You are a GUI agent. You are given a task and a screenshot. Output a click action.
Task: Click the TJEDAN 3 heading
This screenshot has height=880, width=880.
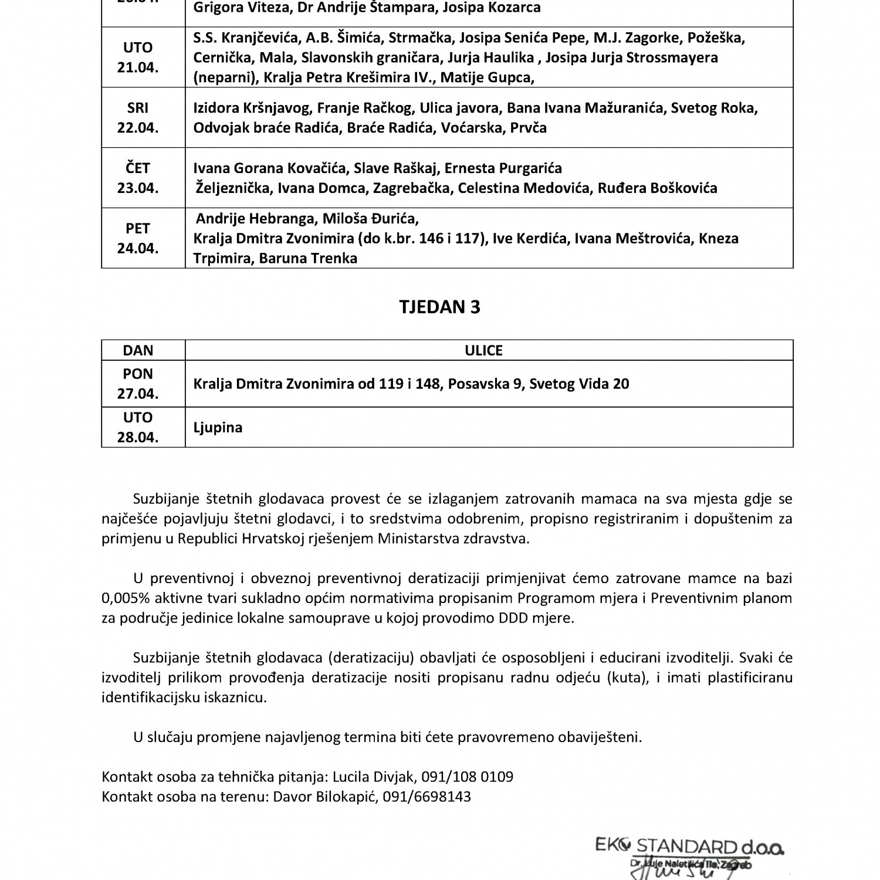(x=439, y=307)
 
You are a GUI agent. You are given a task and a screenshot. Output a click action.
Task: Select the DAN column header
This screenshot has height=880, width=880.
(x=138, y=350)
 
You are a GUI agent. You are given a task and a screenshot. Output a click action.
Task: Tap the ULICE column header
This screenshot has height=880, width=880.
(x=483, y=350)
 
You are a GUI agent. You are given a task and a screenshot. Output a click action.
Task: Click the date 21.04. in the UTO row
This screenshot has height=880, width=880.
(x=138, y=67)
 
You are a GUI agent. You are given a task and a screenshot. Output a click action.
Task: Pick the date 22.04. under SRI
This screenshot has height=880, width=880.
(x=138, y=128)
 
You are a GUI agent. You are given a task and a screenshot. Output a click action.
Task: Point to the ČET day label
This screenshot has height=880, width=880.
(x=138, y=168)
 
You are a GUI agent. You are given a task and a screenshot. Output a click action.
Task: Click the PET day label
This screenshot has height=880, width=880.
(x=138, y=228)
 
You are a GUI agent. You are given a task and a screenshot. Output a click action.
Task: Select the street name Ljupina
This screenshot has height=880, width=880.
(x=218, y=427)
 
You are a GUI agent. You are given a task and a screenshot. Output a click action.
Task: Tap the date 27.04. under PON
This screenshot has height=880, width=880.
(x=138, y=394)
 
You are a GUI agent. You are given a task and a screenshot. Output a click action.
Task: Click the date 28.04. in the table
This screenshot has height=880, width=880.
(x=138, y=438)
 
